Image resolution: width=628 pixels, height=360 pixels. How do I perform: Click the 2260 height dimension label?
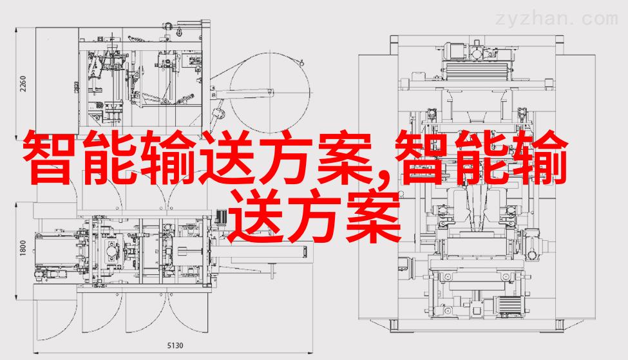pyautogui.click(x=23, y=83)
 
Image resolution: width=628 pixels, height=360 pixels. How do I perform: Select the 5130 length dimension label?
pyautogui.click(x=175, y=345)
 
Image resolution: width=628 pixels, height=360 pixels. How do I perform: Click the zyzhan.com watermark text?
pyautogui.click(x=557, y=19)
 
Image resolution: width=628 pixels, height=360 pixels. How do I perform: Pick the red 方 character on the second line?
pyautogui.click(x=315, y=216)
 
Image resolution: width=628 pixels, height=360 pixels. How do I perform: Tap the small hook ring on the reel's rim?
pyautogui.click(x=301, y=62)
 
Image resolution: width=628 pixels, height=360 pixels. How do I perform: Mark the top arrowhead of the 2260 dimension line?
pyautogui.click(x=16, y=30)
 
